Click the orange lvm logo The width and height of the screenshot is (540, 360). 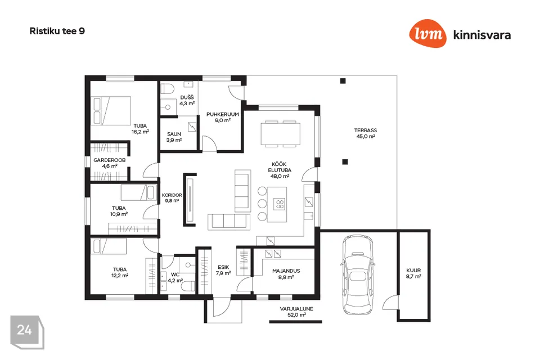point(427,33)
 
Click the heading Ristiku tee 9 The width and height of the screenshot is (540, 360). point(57,31)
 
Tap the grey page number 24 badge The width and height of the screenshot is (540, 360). point(27,332)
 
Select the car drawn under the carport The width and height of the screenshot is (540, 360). point(358,274)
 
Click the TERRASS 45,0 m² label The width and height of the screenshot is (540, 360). point(366,133)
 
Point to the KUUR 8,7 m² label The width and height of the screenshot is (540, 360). point(413,273)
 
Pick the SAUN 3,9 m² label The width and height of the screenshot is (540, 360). point(174,137)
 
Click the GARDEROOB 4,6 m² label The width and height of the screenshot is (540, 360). point(110,163)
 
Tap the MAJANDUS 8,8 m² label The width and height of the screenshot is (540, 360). point(286,274)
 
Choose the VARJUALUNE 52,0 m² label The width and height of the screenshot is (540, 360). point(296,312)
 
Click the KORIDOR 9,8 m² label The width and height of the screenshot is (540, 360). point(172,198)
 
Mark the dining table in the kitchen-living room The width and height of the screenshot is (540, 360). point(280,134)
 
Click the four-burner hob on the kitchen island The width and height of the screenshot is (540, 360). point(280,204)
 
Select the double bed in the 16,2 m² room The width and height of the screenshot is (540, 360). point(111,111)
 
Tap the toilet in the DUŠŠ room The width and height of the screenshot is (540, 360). point(167,88)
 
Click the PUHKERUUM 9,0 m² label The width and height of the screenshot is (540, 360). point(223,117)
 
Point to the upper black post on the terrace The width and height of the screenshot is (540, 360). point(343,81)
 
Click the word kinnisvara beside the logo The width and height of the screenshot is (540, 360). point(482,35)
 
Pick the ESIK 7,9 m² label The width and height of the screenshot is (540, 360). point(223,270)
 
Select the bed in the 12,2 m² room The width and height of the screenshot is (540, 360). point(109,246)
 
